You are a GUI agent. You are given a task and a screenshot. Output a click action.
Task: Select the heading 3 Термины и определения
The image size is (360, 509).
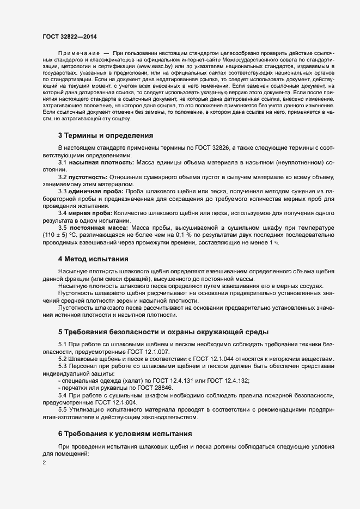[x=106, y=136]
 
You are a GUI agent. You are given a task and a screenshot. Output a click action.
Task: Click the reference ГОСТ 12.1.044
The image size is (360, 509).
[x=202, y=359]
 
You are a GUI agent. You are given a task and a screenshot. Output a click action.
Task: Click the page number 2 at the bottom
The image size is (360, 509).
[x=44, y=462]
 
